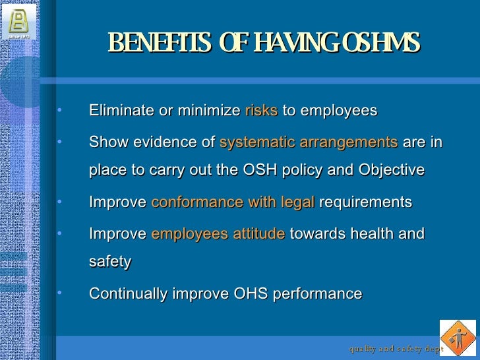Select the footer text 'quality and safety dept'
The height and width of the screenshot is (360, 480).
pyautogui.click(x=396, y=347)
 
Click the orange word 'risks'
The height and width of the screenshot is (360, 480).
pyautogui.click(x=261, y=111)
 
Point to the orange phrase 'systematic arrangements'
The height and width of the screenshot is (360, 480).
pyautogui.click(x=308, y=142)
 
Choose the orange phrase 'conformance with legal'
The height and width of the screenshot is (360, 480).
pyautogui.click(x=233, y=202)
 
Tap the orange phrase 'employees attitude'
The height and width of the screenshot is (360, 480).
pyautogui.click(x=218, y=234)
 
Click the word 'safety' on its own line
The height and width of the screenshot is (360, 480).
pyautogui.click(x=109, y=262)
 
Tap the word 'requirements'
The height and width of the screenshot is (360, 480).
pyautogui.click(x=365, y=202)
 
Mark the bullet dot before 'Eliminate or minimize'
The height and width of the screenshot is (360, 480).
pyautogui.click(x=59, y=109)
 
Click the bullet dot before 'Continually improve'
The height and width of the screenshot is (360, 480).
pyautogui.click(x=59, y=291)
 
